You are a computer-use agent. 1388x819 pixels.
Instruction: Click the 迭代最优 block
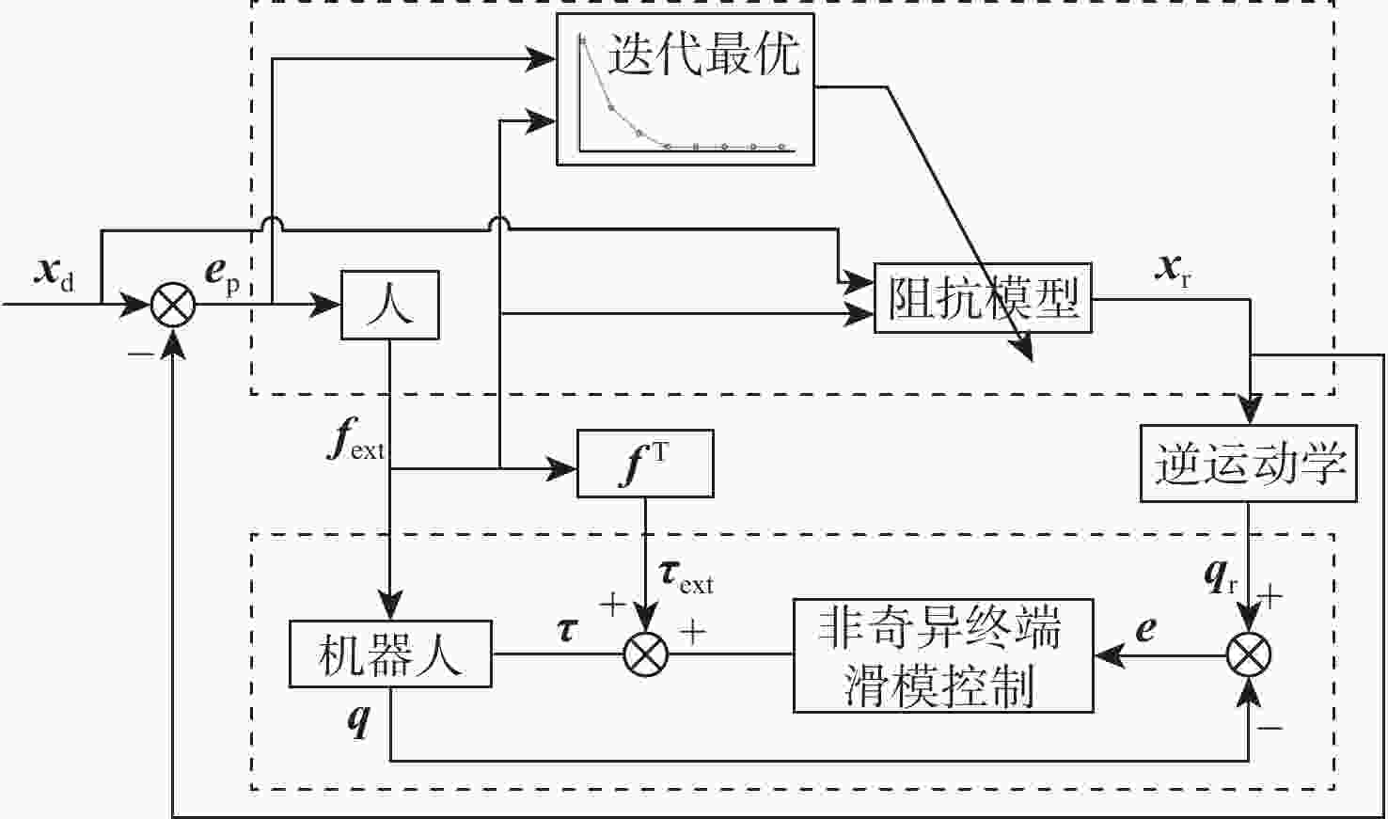(x=685, y=89)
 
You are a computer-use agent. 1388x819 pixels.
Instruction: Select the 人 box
(x=389, y=305)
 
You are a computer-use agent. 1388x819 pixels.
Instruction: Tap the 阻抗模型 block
(x=983, y=298)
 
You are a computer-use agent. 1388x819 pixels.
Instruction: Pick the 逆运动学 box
(x=1249, y=464)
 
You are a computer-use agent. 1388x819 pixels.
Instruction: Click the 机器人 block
(x=389, y=654)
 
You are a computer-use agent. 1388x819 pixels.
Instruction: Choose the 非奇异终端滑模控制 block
(x=942, y=655)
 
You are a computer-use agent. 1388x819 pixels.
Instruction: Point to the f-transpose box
(x=645, y=464)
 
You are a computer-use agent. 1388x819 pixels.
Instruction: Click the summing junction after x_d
(x=174, y=305)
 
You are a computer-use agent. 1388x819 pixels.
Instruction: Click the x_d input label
(x=55, y=274)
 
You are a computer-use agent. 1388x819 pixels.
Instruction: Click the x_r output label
(x=1174, y=270)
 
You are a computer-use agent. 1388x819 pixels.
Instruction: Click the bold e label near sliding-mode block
(x=1145, y=628)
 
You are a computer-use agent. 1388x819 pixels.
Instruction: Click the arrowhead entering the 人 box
(x=328, y=305)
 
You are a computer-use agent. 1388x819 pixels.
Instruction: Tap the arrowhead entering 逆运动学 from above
(x=1249, y=412)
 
